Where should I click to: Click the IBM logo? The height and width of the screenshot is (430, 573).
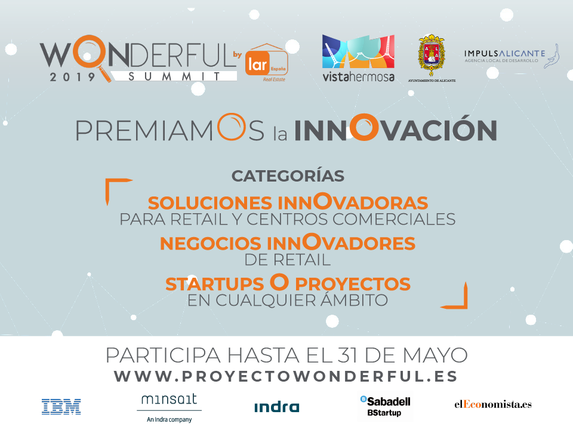[61, 407]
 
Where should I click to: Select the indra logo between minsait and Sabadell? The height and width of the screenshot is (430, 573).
[276, 407]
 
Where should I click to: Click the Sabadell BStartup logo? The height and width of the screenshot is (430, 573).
[385, 406]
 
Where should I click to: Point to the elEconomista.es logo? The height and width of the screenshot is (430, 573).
[493, 404]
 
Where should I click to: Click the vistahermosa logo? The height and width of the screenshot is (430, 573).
[358, 58]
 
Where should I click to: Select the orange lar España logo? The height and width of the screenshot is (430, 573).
[267, 63]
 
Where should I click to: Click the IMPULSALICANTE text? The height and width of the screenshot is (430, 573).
[505, 53]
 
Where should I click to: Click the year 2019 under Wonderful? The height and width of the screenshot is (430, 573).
[72, 77]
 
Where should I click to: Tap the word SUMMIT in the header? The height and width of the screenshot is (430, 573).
[174, 76]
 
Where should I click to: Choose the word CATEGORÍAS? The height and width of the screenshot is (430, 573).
[288, 176]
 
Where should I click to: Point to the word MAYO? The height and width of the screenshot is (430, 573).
[435, 355]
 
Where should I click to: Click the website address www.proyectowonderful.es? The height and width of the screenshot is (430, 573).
[286, 376]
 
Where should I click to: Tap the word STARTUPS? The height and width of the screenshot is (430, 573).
[214, 284]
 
